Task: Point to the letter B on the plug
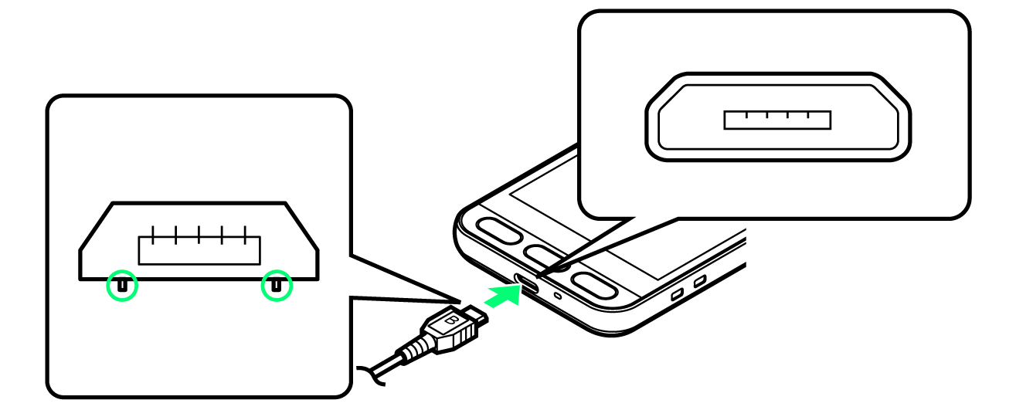tap(451, 320)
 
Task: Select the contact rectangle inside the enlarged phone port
tap(777, 120)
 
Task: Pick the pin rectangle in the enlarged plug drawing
tap(199, 250)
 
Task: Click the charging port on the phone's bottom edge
tap(526, 283)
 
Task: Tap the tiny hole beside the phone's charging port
tap(558, 296)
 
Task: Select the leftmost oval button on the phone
tap(499, 232)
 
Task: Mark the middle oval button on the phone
tap(542, 256)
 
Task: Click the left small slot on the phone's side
tap(677, 294)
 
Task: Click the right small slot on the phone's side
tap(700, 281)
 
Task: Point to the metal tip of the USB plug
tap(476, 315)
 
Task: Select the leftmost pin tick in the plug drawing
tap(153, 235)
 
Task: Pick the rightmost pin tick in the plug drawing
tap(245, 235)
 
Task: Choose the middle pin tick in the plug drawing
tap(199, 235)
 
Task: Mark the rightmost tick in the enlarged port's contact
tap(808, 114)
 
